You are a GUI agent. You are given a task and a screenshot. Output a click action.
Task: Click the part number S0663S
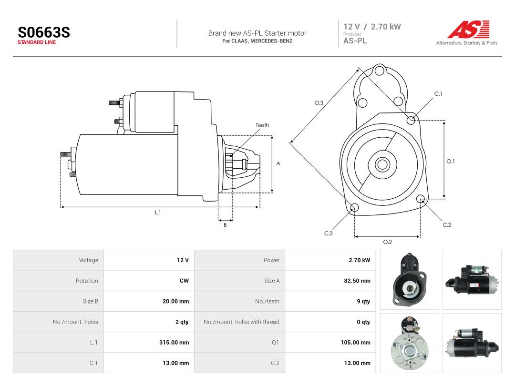click(44, 32)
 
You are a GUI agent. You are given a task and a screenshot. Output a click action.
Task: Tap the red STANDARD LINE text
click(37, 42)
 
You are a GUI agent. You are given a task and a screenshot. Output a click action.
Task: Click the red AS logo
click(469, 29)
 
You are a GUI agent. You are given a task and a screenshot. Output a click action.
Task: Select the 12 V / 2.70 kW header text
click(372, 27)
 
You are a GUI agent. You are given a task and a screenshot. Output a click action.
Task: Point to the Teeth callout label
click(262, 125)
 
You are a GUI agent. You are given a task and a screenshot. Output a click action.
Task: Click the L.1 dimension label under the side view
click(158, 213)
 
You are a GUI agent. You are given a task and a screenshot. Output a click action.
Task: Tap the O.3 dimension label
click(319, 103)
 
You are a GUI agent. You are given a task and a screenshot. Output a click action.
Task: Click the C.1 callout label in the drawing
click(438, 94)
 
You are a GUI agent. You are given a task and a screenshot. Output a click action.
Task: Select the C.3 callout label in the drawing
click(329, 234)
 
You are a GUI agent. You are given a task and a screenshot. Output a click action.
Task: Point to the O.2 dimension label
click(388, 242)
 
